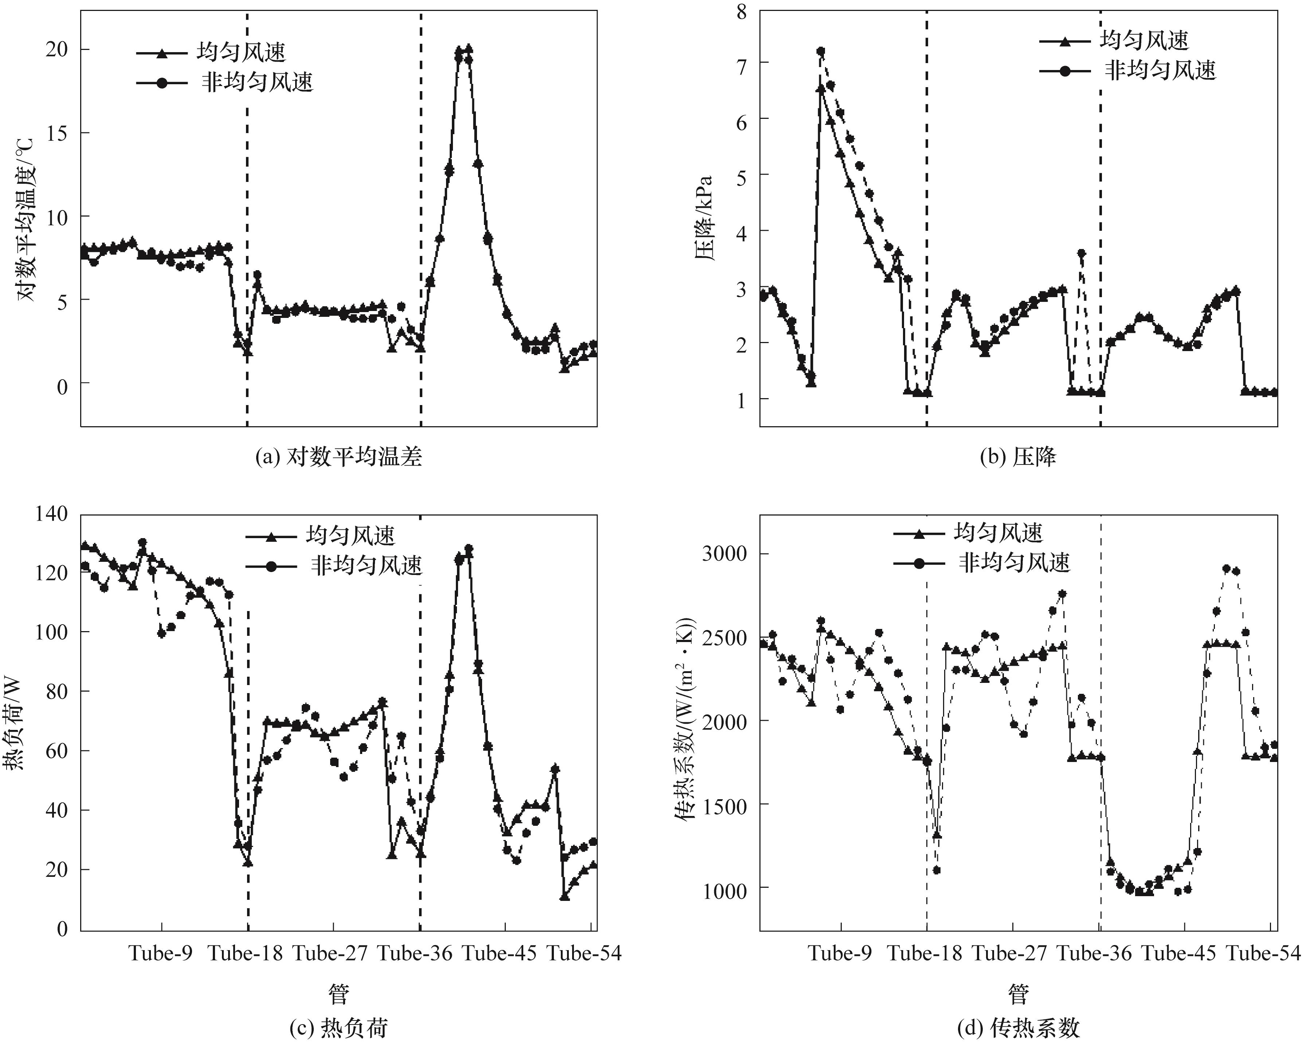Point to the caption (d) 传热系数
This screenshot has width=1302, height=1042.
tap(1018, 1027)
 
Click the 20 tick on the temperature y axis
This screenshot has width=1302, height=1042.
tap(57, 50)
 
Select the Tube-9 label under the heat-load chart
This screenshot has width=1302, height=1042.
tap(161, 953)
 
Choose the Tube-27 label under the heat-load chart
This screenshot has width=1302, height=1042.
tap(331, 953)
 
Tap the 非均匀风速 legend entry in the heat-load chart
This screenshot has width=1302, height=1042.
tap(366, 566)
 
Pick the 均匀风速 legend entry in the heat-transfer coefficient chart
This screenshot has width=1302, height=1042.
tap(998, 533)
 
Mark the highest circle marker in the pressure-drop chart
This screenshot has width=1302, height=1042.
tap(821, 51)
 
